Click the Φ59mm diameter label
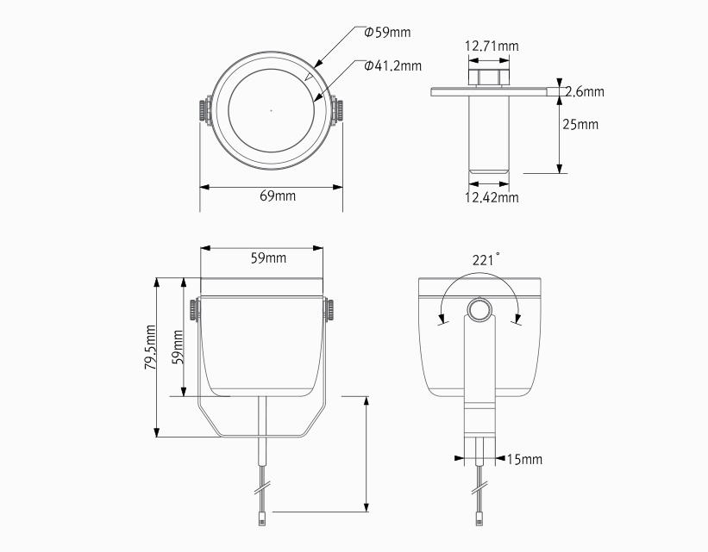[x=387, y=33]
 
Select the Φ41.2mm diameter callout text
[x=393, y=65]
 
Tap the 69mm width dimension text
[x=278, y=195]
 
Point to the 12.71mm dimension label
[x=492, y=46]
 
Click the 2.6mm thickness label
[x=585, y=91]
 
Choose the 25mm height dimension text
[x=580, y=124]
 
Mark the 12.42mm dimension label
[x=492, y=197]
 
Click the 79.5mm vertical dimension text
[x=150, y=347]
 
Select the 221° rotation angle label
[x=486, y=259]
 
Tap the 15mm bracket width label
[x=524, y=459]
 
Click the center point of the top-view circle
[x=271, y=110]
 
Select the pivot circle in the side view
[x=479, y=310]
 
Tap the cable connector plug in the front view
[x=262, y=518]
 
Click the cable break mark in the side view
[x=479, y=488]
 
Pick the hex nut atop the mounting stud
[x=489, y=77]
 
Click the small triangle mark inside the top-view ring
[x=310, y=78]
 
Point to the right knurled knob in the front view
[x=330, y=310]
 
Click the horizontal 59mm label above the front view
[x=268, y=258]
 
